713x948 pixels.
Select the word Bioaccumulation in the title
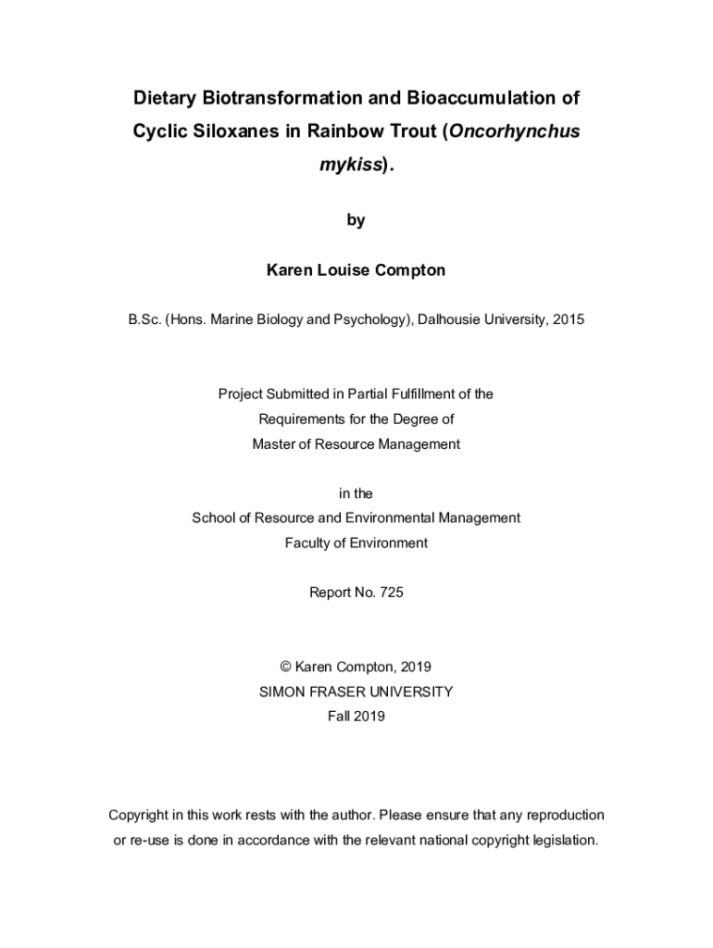481,98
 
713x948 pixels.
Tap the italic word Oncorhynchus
515,131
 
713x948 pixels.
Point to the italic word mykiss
350,166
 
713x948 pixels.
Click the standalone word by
356,220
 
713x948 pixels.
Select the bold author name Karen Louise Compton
356,270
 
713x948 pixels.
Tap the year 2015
567,320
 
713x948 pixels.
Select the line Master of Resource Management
356,444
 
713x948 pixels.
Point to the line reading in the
356,494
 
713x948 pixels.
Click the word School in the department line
214,518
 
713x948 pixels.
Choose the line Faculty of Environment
356,543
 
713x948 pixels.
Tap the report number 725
391,592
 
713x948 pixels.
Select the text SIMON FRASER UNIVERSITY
356,692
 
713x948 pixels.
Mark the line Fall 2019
356,716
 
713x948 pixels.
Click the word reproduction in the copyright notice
554,816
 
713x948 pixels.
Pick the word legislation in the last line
558,841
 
